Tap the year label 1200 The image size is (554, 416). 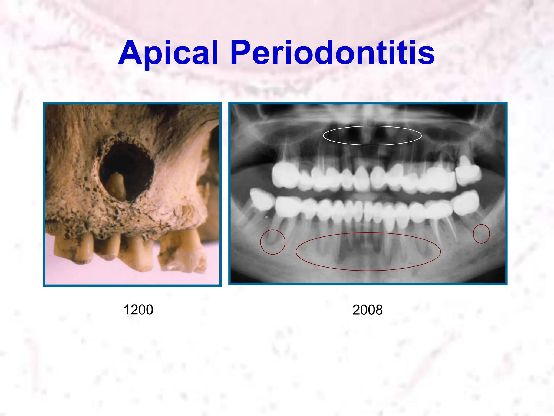[x=138, y=310]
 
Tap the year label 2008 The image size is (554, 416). [x=367, y=310]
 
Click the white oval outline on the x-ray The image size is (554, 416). [x=372, y=126]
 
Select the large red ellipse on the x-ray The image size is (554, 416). [x=368, y=233]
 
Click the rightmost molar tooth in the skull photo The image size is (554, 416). [x=184, y=252]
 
